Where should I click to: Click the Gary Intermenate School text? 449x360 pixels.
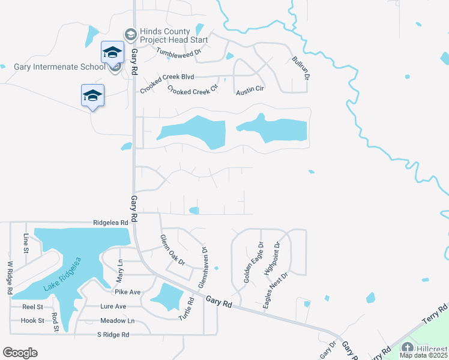59,66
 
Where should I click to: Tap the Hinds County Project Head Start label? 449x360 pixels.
173,36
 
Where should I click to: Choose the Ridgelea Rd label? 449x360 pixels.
111,222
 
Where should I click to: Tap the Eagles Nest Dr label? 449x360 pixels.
276,290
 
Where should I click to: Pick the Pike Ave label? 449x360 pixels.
127,292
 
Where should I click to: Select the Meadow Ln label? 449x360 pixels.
117,320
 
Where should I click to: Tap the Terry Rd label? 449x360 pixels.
435,314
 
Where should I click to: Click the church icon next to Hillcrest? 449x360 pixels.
408,348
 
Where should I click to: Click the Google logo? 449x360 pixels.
20,353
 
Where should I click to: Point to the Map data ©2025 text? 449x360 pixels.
424,355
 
